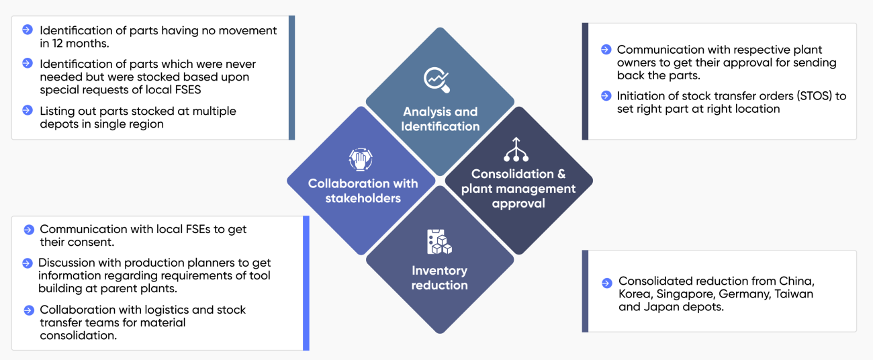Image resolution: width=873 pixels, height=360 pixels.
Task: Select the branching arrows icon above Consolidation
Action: pyautogui.click(x=517, y=150)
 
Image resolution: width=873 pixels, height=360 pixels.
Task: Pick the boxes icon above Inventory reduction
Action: pyautogui.click(x=440, y=242)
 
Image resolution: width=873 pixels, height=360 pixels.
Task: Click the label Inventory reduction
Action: pyautogui.click(x=440, y=277)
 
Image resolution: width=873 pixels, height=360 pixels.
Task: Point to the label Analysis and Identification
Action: pyautogui.click(x=440, y=119)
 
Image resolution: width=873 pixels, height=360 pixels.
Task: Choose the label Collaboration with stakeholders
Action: pyautogui.click(x=363, y=191)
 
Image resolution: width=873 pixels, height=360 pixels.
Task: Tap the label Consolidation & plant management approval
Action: pyautogui.click(x=518, y=189)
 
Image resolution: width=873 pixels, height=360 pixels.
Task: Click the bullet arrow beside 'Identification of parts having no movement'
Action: pyautogui.click(x=28, y=30)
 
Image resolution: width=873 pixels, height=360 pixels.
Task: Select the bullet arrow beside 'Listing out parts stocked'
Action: pyautogui.click(x=28, y=110)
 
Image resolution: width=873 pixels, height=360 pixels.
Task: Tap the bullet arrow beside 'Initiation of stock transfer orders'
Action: pyautogui.click(x=606, y=96)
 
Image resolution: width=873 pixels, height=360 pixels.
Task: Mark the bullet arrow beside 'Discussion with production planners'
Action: pyautogui.click(x=28, y=263)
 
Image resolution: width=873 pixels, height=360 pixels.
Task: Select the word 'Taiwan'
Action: pyautogui.click(x=794, y=294)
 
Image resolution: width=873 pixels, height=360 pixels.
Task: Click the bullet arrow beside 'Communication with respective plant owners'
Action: pyautogui.click(x=606, y=49)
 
